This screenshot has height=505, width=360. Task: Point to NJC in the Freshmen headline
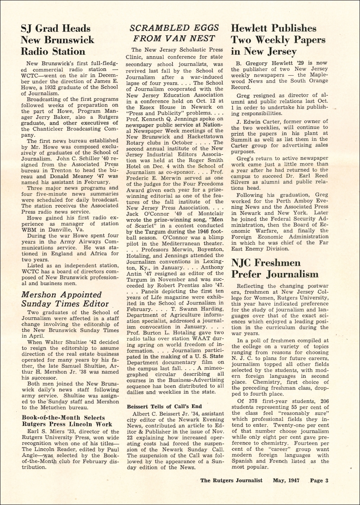click(243, 263)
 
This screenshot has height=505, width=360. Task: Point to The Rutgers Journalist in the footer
click(231, 480)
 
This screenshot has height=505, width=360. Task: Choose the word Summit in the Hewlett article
click(241, 139)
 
